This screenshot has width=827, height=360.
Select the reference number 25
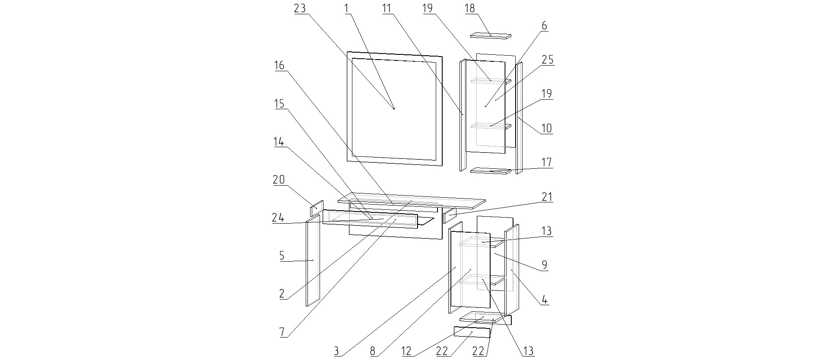coord(547,60)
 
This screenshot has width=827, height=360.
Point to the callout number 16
coord(279,66)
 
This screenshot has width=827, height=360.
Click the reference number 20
coord(279,180)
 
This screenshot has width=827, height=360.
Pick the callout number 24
coord(278,218)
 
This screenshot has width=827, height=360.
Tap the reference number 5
coord(282,256)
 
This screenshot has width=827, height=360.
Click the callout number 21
coord(546,197)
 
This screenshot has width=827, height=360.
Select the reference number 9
coord(544,265)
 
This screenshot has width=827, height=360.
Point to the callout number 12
coord(406,351)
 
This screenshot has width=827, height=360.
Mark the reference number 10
coord(546,128)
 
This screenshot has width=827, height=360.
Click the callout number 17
coord(546,162)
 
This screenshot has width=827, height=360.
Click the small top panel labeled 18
coord(491,36)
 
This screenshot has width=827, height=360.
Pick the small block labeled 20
coord(317,208)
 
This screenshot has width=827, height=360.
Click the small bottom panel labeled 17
coord(490,171)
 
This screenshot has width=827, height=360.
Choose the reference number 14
coord(279,142)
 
